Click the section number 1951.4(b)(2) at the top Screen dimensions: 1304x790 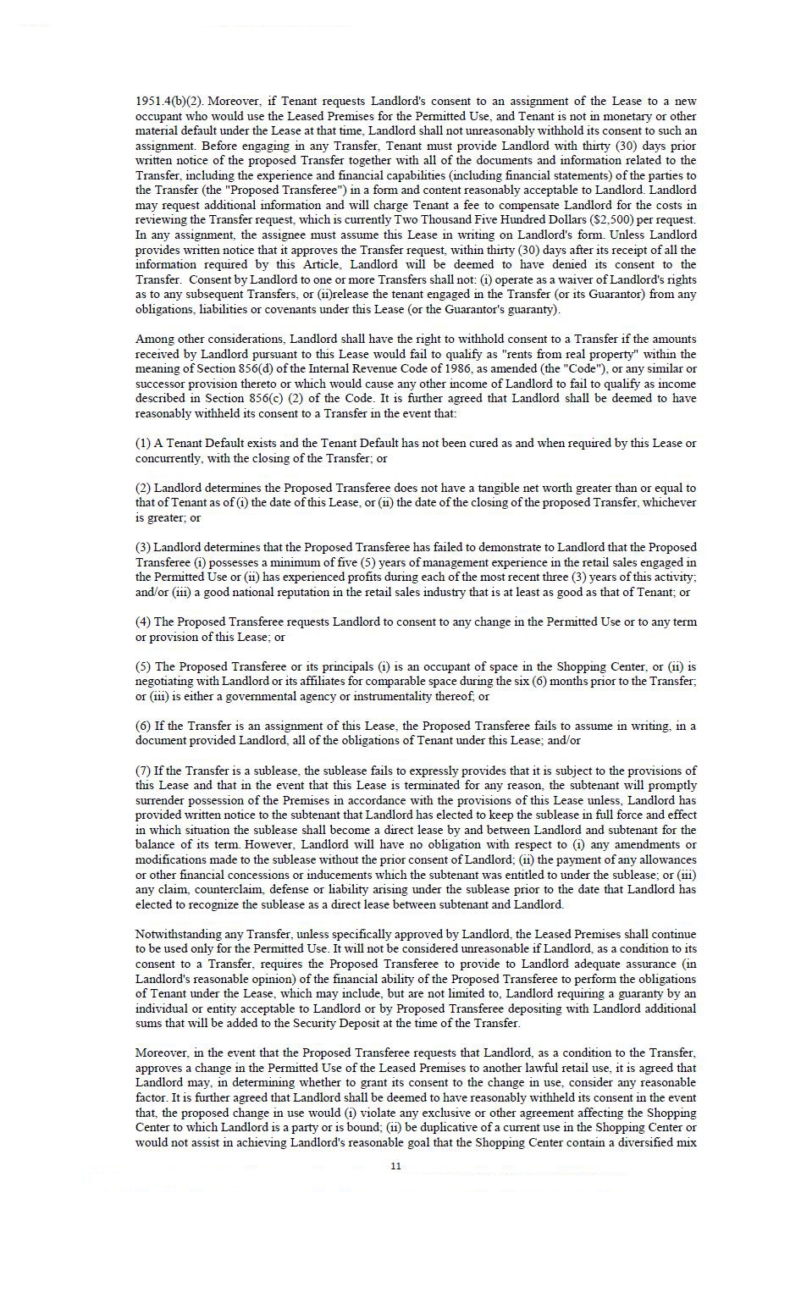pyautogui.click(x=168, y=102)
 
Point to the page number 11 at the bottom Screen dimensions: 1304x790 pyautogui.click(x=395, y=1166)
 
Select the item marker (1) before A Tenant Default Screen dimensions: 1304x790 pyautogui.click(x=143, y=444)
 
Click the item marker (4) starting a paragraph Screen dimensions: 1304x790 pyautogui.click(x=143, y=622)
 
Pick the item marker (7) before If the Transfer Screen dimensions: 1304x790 pyautogui.click(x=143, y=771)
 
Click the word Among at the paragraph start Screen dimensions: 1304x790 pyautogui.click(x=154, y=340)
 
